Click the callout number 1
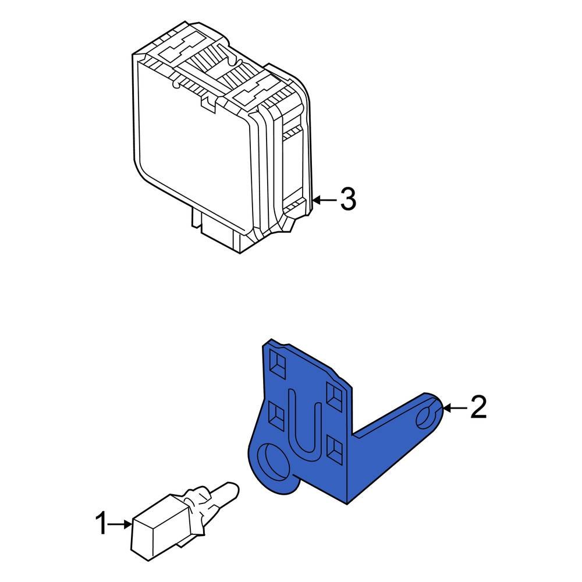click(102, 524)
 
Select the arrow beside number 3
click(325, 200)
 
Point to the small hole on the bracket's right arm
click(428, 414)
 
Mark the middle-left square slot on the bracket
click(275, 414)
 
